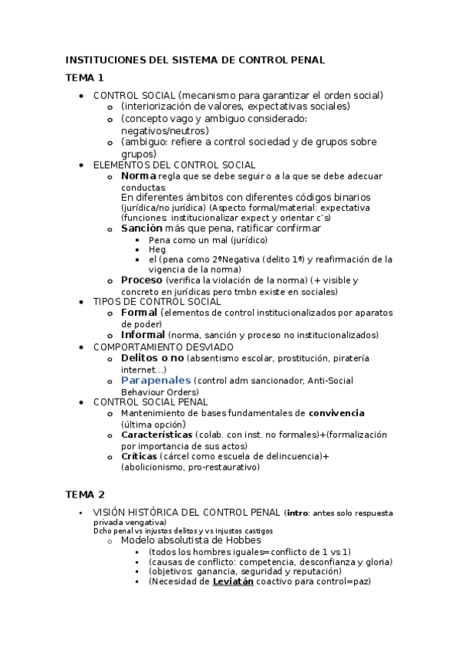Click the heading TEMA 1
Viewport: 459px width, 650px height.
coord(84,77)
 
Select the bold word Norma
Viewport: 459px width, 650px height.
coord(139,176)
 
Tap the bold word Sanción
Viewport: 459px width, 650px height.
coord(142,228)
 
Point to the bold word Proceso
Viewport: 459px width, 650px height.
coord(142,281)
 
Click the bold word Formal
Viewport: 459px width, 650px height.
coord(139,313)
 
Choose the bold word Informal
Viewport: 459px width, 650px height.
coord(143,335)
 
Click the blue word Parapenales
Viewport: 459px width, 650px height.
coord(156,381)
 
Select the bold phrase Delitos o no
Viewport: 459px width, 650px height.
coord(152,358)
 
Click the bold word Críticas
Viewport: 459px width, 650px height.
coord(140,457)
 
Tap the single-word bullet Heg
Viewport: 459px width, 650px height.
coord(156,250)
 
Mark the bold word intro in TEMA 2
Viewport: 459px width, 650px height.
coord(297,513)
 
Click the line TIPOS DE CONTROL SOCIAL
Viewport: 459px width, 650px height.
coord(156,302)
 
